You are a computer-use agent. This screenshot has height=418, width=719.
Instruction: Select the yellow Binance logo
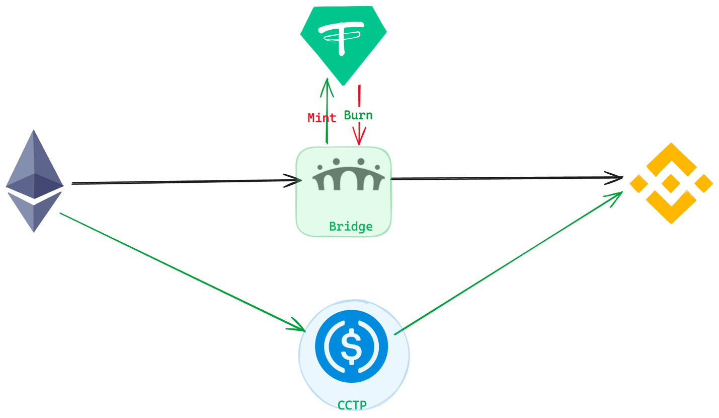(671, 183)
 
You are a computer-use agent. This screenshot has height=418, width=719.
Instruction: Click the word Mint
(322, 118)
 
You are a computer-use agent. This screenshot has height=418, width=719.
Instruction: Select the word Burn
(358, 115)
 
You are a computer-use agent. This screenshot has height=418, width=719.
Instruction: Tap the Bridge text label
(351, 227)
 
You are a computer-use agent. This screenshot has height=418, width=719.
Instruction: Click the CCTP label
(352, 405)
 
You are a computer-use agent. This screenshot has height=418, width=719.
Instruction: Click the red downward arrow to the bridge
(359, 131)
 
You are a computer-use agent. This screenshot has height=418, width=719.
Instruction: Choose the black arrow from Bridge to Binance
(503, 178)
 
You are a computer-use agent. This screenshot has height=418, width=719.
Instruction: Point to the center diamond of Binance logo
(671, 183)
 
